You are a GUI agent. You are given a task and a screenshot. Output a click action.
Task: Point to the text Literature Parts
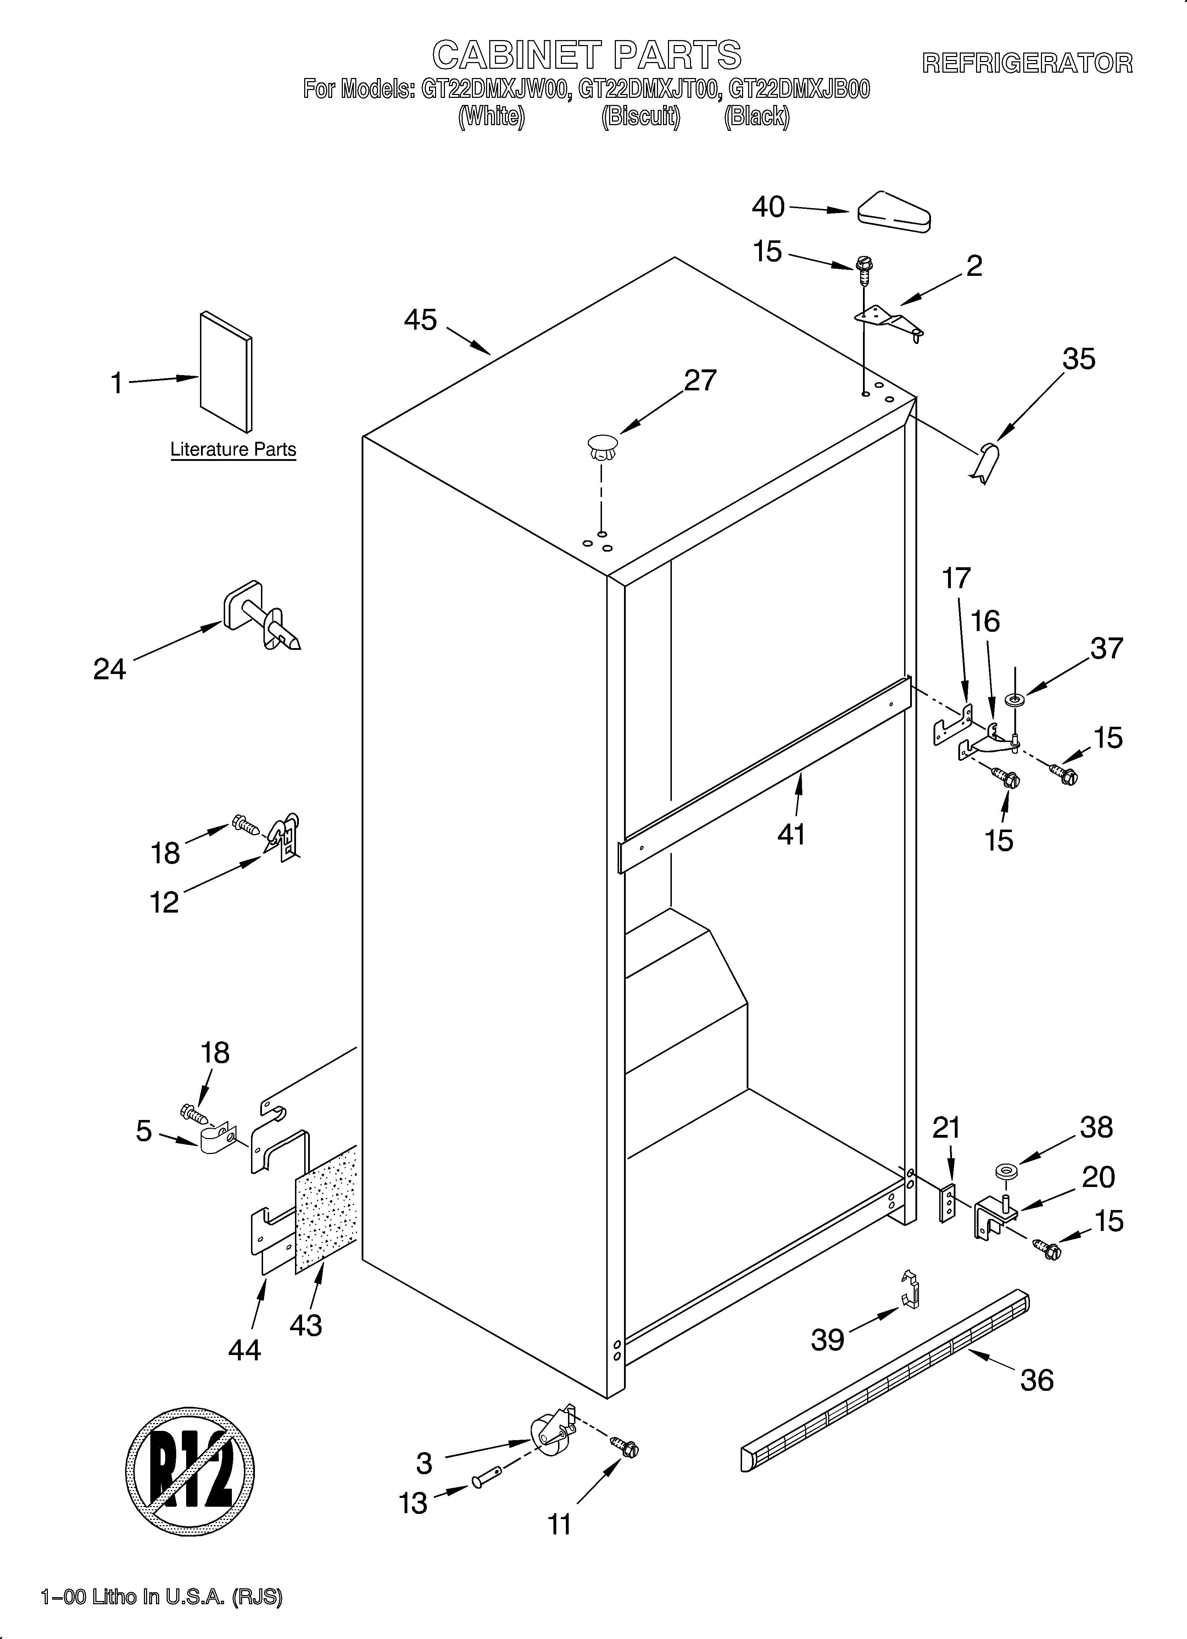click(233, 450)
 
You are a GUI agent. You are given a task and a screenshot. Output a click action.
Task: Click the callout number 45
click(421, 319)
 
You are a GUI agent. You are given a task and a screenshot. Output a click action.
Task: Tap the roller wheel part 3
click(551, 1433)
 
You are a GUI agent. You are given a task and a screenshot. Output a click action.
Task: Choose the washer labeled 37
click(1015, 699)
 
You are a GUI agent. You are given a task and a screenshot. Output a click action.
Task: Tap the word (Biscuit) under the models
click(641, 116)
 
